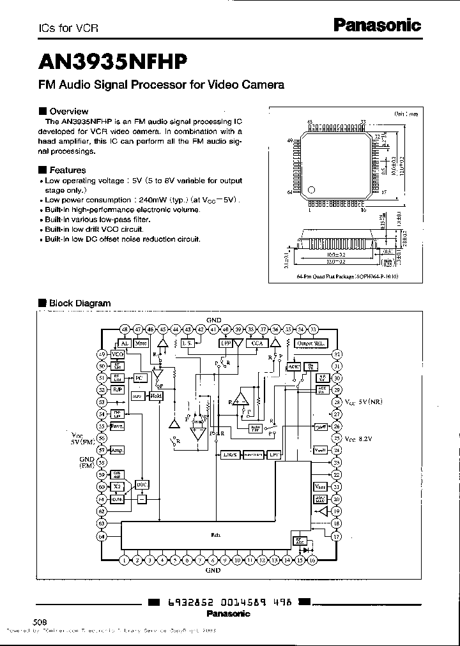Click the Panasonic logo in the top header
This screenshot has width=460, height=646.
pos(378,25)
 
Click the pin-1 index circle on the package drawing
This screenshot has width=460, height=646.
pos(312,190)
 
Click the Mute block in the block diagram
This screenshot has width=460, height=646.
pos(141,343)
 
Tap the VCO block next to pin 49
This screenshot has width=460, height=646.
pos(118,354)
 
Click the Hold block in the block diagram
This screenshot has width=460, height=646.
pos(155,396)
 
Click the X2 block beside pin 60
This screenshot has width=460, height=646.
pos(117,486)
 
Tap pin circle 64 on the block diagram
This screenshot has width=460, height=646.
pos(102,537)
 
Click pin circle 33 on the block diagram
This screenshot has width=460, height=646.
pos(313,329)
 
